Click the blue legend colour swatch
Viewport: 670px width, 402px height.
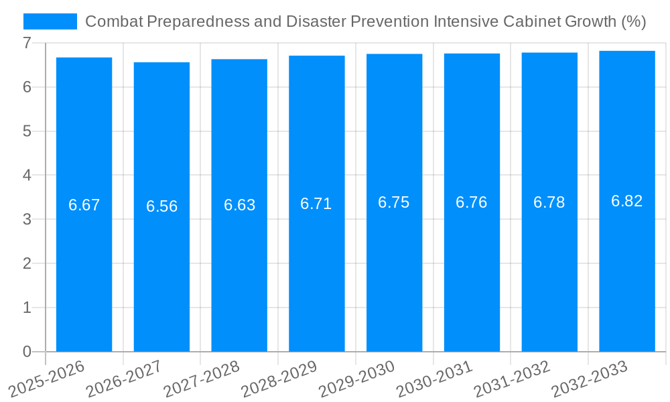click(x=50, y=21)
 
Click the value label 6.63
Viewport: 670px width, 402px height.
click(x=239, y=205)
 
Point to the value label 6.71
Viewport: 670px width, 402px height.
click(x=316, y=204)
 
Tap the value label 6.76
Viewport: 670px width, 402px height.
click(x=472, y=202)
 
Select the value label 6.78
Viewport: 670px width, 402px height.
click(x=549, y=202)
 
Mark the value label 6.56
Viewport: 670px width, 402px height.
click(x=161, y=206)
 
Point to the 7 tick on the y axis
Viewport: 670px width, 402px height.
click(x=27, y=43)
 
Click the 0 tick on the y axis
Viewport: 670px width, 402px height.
click(x=27, y=352)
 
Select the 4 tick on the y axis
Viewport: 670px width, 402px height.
click(x=27, y=176)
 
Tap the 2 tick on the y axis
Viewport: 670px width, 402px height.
click(x=27, y=263)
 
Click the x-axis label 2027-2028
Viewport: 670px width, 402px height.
click(x=202, y=379)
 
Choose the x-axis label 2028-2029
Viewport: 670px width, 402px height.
click(x=279, y=379)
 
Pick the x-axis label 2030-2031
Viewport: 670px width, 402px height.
click(x=435, y=379)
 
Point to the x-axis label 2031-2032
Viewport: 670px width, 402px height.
click(x=513, y=379)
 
